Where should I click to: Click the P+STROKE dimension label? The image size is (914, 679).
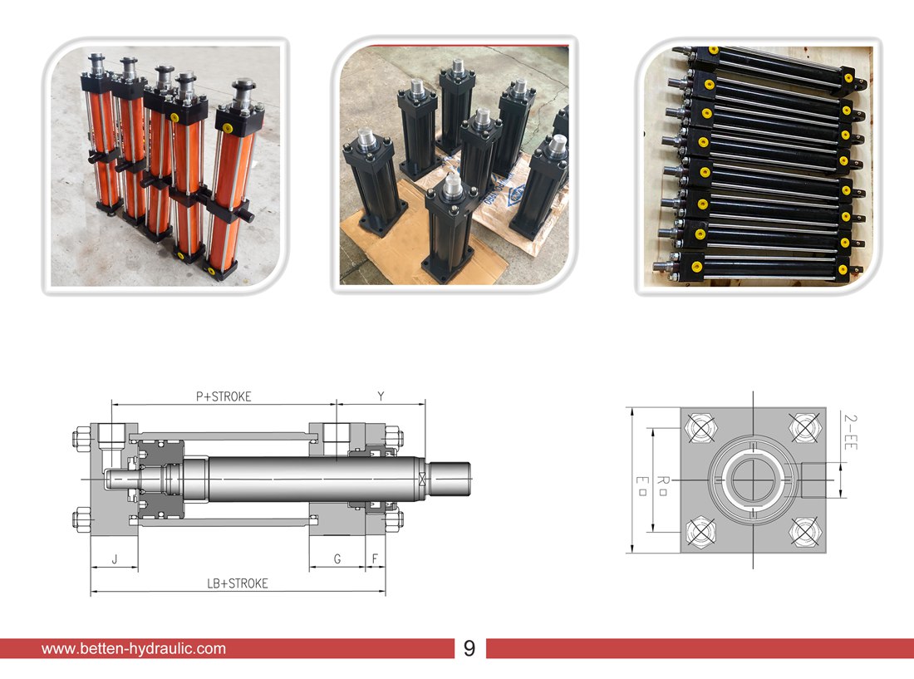pyautogui.click(x=224, y=396)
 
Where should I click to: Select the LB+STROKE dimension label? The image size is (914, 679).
pyautogui.click(x=238, y=583)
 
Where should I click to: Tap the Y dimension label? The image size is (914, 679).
pyautogui.click(x=381, y=396)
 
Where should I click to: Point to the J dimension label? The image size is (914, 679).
pyautogui.click(x=115, y=559)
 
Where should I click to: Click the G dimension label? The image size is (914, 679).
pyautogui.click(x=337, y=559)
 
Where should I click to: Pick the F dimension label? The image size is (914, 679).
pyautogui.click(x=375, y=559)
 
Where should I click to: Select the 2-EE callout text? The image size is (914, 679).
pyautogui.click(x=851, y=431)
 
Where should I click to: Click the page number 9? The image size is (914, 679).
pyautogui.click(x=469, y=648)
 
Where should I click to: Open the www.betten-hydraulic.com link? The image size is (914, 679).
pyautogui.click(x=134, y=649)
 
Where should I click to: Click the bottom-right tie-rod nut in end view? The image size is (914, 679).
pyautogui.click(x=805, y=532)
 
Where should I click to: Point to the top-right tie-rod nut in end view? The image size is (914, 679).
pyautogui.click(x=805, y=428)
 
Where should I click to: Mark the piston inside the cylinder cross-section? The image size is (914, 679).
pyautogui.click(x=161, y=479)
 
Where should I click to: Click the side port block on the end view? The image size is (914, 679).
pyautogui.click(x=814, y=480)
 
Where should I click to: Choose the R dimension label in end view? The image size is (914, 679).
pyautogui.click(x=662, y=485)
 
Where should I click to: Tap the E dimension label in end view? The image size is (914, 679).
pyautogui.click(x=641, y=485)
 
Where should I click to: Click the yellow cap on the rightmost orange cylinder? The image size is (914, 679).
pyautogui.click(x=228, y=128)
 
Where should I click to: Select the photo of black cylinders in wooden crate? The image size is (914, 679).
pyautogui.click(x=758, y=166)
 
